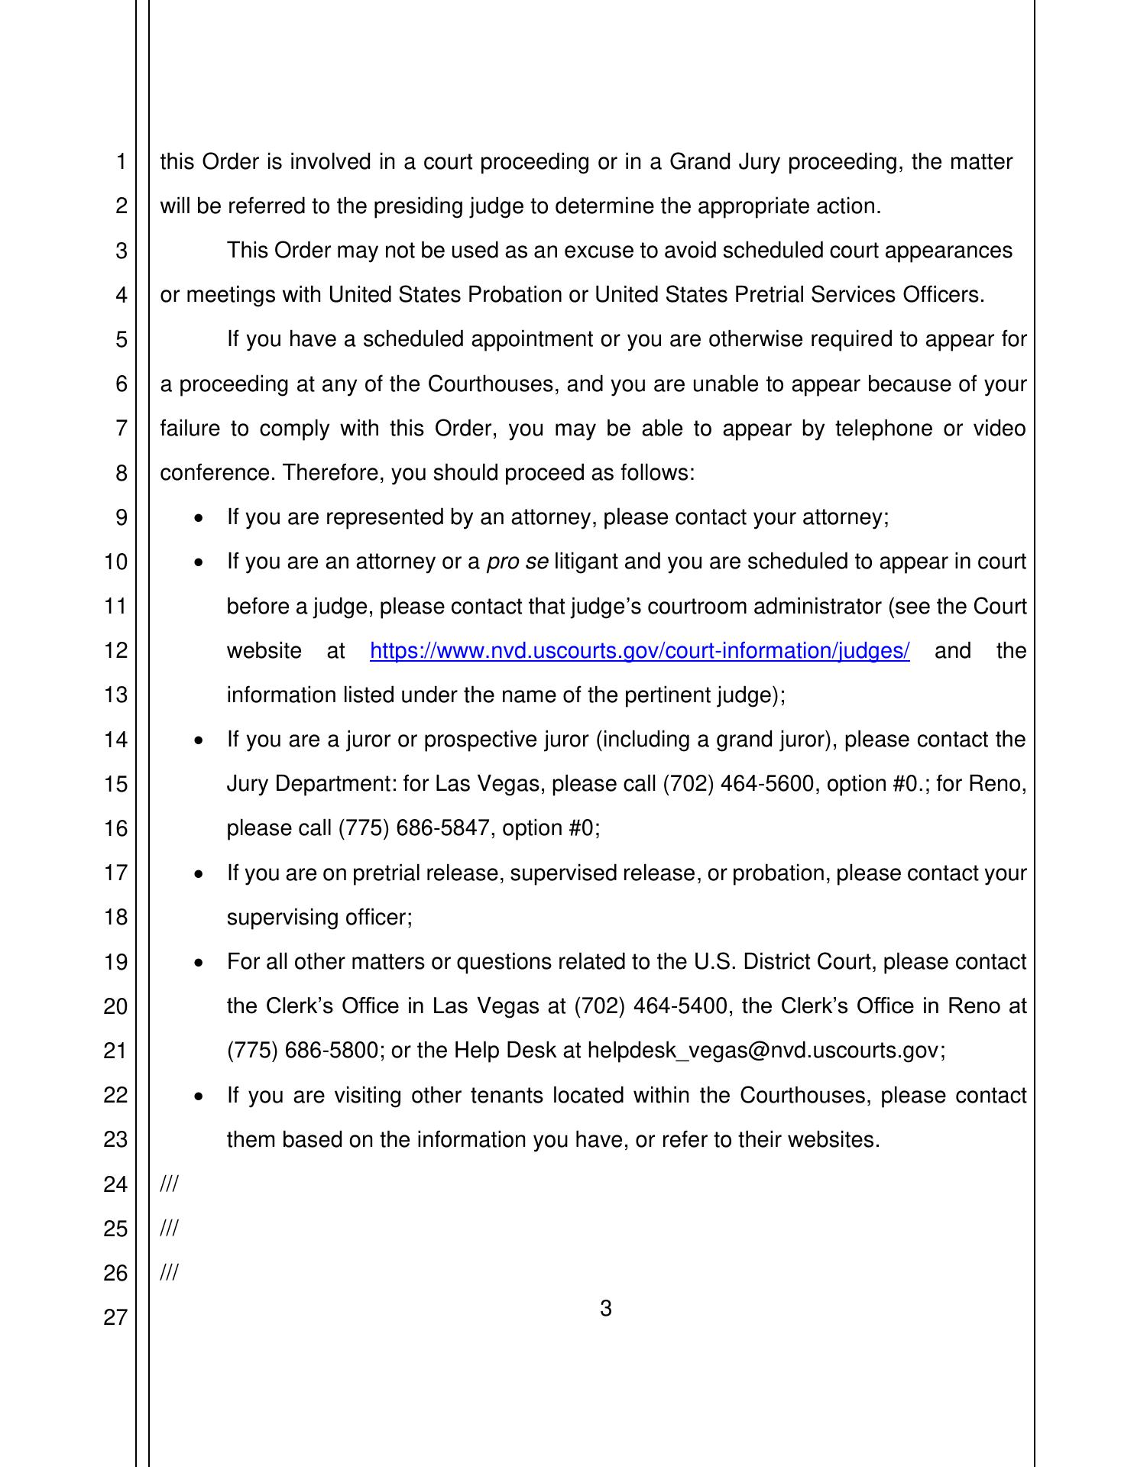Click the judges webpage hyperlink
pyautogui.click(x=639, y=651)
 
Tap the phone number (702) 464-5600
pyautogui.click(x=736, y=784)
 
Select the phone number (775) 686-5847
pyautogui.click(x=413, y=828)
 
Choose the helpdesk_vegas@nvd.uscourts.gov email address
pyautogui.click(x=762, y=1051)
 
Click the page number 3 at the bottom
pyautogui.click(x=605, y=1309)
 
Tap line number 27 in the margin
pyautogui.click(x=115, y=1317)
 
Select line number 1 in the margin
pyautogui.click(x=121, y=162)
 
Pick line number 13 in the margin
pyautogui.click(x=115, y=695)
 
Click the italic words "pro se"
pyautogui.click(x=517, y=562)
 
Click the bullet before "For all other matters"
pyautogui.click(x=199, y=963)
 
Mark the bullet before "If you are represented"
pyautogui.click(x=199, y=518)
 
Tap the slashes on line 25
pyautogui.click(x=169, y=1229)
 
